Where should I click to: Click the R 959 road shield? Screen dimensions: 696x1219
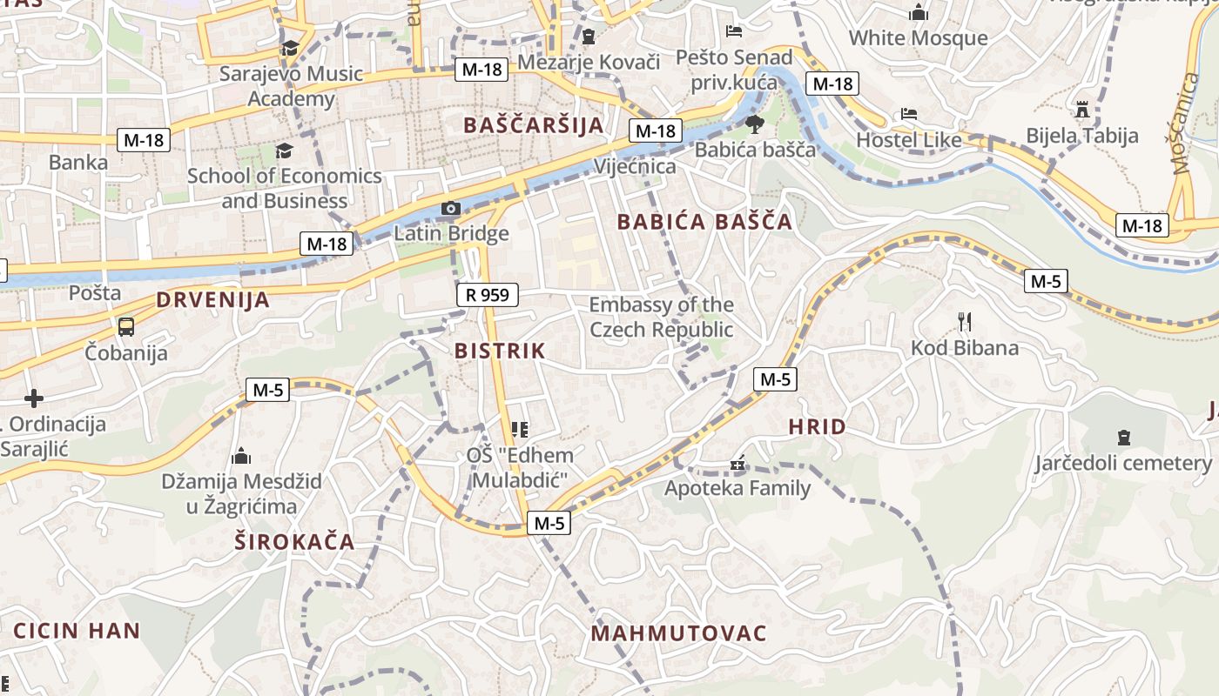click(488, 295)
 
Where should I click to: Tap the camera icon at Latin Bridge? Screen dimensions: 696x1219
click(450, 208)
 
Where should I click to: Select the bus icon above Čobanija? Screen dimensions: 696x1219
click(126, 327)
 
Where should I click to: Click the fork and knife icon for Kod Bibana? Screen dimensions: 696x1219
click(964, 322)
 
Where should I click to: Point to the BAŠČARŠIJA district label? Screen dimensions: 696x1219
click(534, 125)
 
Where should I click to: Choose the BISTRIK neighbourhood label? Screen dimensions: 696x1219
click(500, 351)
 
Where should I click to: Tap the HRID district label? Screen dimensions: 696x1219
click(817, 427)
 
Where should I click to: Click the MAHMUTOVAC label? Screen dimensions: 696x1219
click(679, 633)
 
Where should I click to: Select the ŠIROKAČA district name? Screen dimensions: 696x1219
click(295, 543)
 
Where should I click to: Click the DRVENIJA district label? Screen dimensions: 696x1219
click(213, 301)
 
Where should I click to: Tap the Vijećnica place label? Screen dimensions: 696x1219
click(634, 166)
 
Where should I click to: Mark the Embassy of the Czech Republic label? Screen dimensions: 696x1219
click(662, 318)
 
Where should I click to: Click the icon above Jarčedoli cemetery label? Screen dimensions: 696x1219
click(1123, 437)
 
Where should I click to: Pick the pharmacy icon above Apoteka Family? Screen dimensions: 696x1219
click(737, 464)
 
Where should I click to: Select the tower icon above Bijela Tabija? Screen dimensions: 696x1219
click(1082, 110)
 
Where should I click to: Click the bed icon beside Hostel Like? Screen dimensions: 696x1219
click(908, 114)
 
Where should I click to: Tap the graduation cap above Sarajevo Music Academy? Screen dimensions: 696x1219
click(290, 48)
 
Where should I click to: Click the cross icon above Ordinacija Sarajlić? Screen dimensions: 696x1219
click(34, 398)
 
